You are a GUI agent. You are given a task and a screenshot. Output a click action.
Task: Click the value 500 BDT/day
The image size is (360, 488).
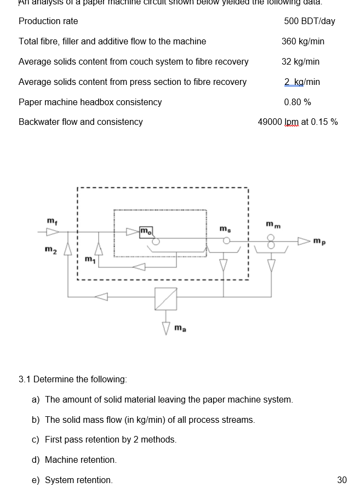(310, 21)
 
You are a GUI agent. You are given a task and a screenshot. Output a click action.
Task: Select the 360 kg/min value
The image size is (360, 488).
(303, 42)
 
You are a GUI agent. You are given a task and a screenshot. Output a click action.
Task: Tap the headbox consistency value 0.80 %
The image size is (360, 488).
(298, 102)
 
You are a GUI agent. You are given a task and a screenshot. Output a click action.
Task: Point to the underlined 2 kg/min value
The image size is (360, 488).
(302, 82)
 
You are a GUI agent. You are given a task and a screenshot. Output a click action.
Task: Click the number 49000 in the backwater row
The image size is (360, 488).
(270, 122)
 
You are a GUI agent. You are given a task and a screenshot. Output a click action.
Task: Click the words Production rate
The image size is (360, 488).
(48, 21)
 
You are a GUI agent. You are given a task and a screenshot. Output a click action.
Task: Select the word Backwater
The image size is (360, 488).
(39, 122)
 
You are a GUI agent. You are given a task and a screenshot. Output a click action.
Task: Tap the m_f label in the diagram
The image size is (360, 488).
(51, 221)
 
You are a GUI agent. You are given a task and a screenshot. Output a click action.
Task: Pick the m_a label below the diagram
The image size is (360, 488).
(180, 328)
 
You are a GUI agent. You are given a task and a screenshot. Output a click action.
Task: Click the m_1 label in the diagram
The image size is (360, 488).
(89, 258)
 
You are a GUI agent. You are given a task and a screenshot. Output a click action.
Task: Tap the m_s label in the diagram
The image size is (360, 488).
(225, 227)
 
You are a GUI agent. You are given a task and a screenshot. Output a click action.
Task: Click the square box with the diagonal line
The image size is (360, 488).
(165, 299)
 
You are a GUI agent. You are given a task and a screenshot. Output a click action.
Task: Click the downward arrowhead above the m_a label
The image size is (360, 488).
(165, 327)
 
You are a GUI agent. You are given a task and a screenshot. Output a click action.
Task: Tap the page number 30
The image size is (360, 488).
(342, 480)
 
